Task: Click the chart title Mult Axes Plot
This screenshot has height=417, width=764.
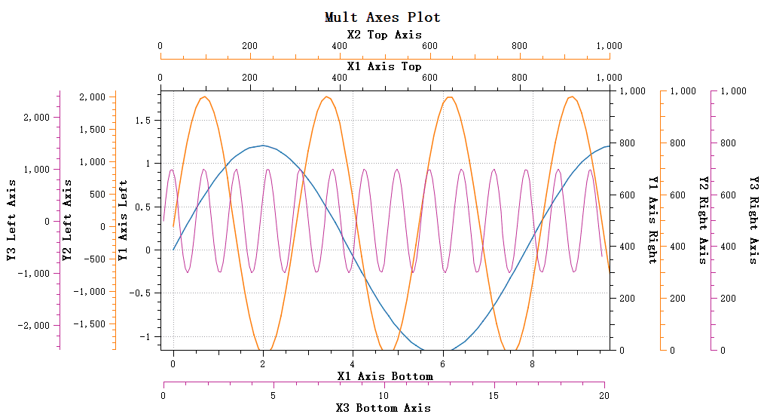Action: (382, 17)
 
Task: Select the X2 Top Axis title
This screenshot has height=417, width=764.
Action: (384, 35)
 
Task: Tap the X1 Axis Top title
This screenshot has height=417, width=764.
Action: (384, 66)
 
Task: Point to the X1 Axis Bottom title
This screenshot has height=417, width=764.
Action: (384, 376)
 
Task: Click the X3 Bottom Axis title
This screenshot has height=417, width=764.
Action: (384, 408)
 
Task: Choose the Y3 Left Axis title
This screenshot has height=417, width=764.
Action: (13, 220)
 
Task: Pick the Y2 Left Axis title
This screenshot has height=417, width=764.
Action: (67, 220)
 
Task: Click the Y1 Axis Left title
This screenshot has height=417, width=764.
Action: (123, 220)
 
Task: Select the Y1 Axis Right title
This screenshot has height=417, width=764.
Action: (652, 220)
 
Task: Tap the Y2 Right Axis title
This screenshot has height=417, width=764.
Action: (703, 220)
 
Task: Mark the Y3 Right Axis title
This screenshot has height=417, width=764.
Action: (753, 220)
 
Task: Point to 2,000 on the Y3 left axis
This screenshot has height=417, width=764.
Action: (37, 118)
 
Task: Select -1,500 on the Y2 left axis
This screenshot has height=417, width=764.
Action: (90, 323)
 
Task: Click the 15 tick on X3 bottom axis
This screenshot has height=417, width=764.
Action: (494, 395)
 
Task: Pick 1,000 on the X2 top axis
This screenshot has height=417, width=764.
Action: (609, 46)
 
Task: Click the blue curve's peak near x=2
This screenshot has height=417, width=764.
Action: (263, 146)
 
